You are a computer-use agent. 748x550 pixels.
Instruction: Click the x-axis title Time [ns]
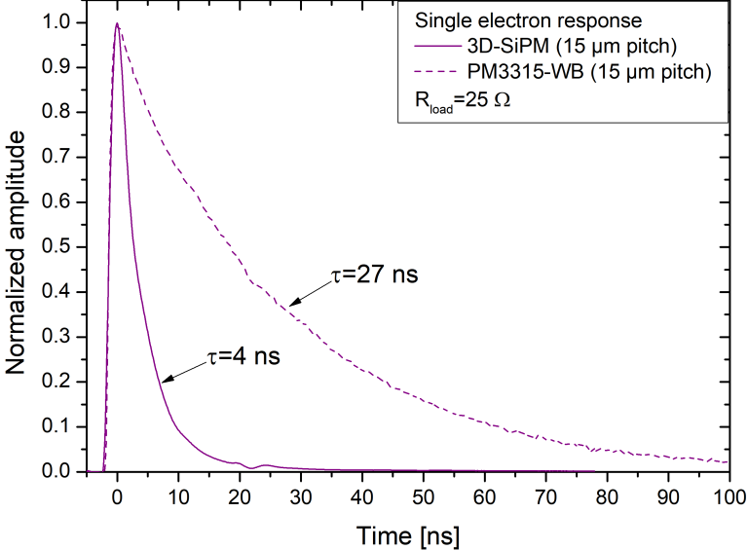point(407,534)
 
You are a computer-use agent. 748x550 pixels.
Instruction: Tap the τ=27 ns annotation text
point(375,275)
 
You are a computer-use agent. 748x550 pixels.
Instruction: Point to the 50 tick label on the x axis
point(423,494)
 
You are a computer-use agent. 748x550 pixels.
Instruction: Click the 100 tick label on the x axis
point(728,494)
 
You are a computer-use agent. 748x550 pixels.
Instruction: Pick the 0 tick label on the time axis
point(117,494)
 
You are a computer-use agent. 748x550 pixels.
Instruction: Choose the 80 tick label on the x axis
point(606,494)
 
